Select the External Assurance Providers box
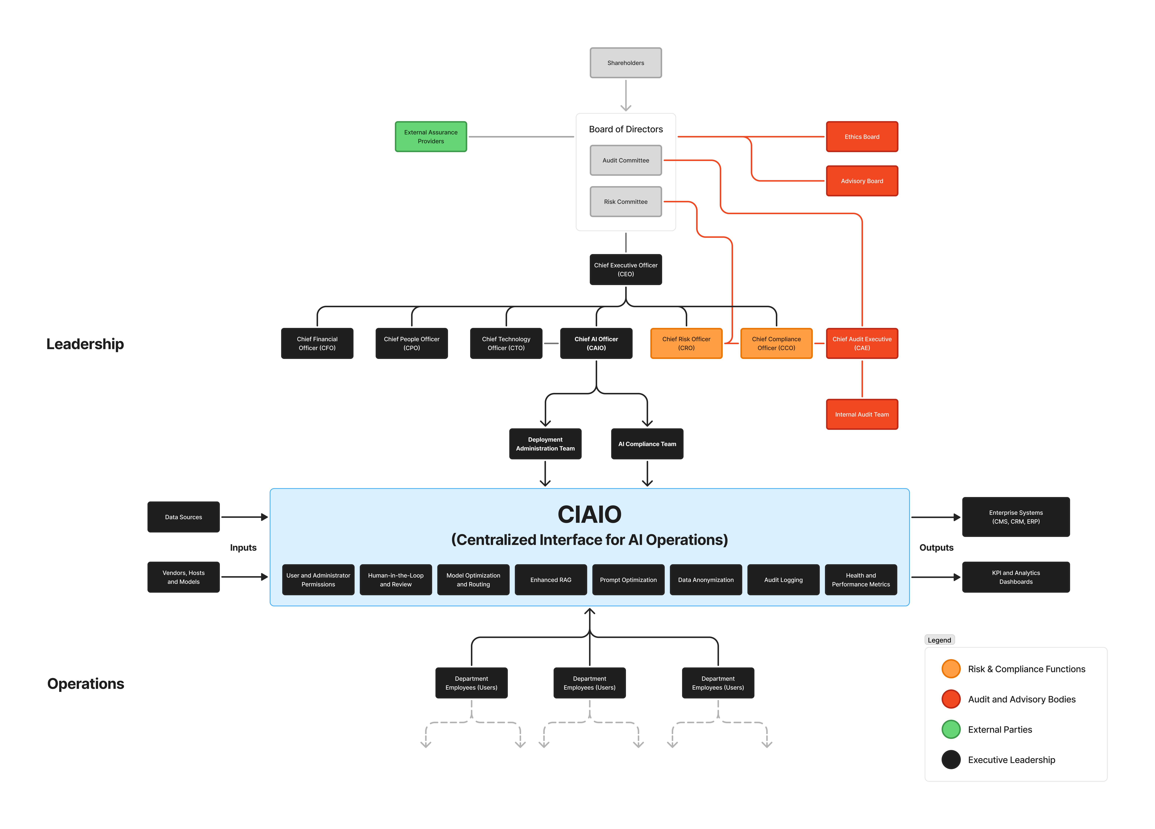pos(431,136)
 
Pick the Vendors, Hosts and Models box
pos(183,577)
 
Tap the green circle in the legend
pos(951,729)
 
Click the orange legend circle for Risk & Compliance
pos(951,669)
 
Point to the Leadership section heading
pos(85,344)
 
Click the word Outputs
pos(936,547)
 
